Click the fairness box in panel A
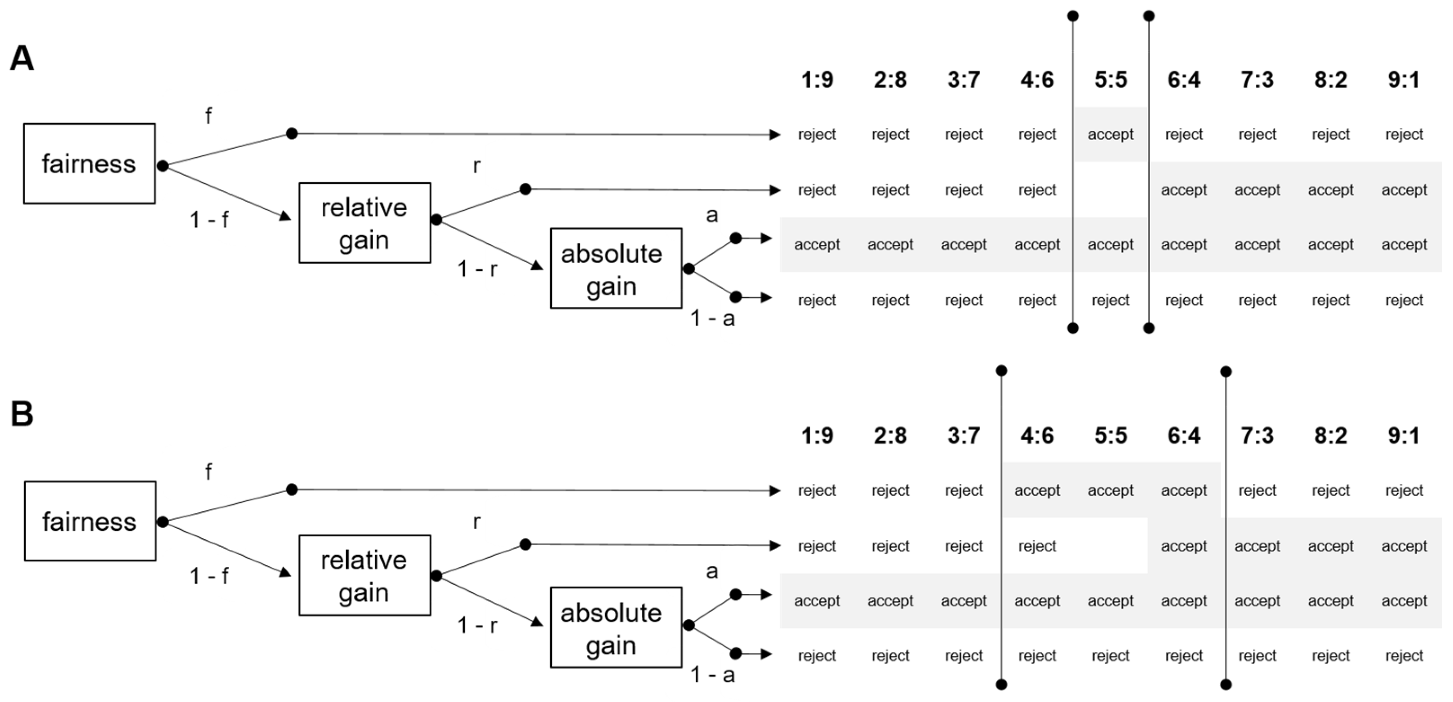point(89,163)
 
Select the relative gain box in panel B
point(364,575)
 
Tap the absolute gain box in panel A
point(616,269)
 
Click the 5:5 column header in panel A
point(1110,79)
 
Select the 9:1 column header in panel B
point(1404,435)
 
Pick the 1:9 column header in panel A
point(817,79)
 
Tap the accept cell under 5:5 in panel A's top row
point(1110,135)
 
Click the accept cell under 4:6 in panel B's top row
point(1037,490)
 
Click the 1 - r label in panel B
point(477,625)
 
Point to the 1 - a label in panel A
point(712,318)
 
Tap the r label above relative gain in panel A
point(477,166)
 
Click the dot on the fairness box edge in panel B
point(163,522)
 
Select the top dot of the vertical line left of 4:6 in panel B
point(1001,371)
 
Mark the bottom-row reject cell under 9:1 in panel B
point(1404,656)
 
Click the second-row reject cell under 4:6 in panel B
point(1037,546)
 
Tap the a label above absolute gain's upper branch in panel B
point(712,571)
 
